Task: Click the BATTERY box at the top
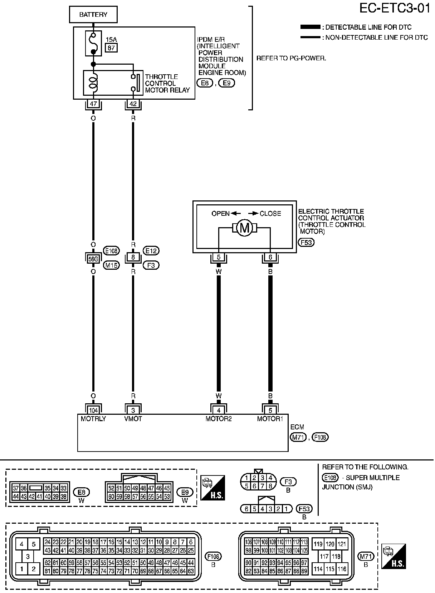(x=93, y=15)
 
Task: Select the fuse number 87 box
(x=111, y=48)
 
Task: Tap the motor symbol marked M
(x=244, y=228)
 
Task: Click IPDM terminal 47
(x=93, y=104)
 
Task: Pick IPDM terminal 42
(x=133, y=104)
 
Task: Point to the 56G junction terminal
(x=93, y=259)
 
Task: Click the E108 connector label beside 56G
(x=111, y=251)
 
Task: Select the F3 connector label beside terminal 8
(x=151, y=265)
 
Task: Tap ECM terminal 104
(x=93, y=410)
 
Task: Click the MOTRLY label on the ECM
(x=93, y=419)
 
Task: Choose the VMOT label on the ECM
(x=133, y=419)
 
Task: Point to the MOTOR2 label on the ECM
(x=219, y=419)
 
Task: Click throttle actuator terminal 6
(x=270, y=257)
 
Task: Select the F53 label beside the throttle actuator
(x=306, y=243)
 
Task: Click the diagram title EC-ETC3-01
(x=395, y=9)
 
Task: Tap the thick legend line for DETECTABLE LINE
(x=311, y=27)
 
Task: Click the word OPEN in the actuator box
(x=221, y=214)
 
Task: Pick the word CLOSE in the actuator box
(x=270, y=214)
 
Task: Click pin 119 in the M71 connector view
(x=318, y=544)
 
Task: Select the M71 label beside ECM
(x=298, y=437)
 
